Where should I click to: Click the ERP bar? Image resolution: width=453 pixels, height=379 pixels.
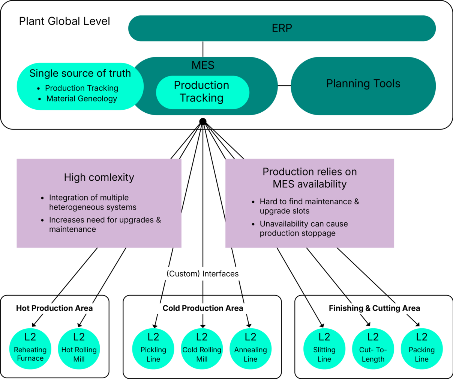pyautogui.click(x=282, y=28)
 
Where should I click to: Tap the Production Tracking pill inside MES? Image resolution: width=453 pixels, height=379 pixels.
pyautogui.click(x=202, y=92)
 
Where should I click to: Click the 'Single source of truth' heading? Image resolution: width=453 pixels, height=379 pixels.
pyautogui.click(x=80, y=73)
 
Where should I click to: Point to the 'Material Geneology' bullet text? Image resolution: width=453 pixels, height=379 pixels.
pyautogui.click(x=81, y=99)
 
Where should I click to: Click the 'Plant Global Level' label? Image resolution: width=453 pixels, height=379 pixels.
pyautogui.click(x=64, y=21)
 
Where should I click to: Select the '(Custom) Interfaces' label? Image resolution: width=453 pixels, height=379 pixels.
pyautogui.click(x=202, y=273)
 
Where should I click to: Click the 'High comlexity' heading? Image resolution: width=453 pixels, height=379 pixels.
pyautogui.click(x=99, y=177)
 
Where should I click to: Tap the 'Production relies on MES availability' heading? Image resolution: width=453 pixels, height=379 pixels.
pyautogui.click(x=309, y=178)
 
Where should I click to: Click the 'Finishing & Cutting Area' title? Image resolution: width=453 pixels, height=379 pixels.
pyautogui.click(x=374, y=308)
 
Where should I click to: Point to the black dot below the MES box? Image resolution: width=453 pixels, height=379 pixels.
pyautogui.click(x=203, y=121)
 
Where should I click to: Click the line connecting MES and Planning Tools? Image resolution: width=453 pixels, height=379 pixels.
pyautogui.click(x=284, y=86)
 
